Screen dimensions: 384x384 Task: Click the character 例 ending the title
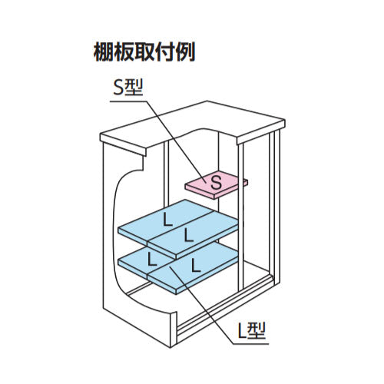[185, 52]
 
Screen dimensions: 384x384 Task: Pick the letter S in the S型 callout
[118, 88]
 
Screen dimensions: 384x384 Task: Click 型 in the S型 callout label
[134, 88]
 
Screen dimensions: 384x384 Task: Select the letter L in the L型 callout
[243, 331]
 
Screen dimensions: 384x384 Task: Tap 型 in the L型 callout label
[257, 330]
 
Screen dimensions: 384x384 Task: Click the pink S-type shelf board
[217, 184]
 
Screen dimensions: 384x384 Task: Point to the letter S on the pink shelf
[217, 183]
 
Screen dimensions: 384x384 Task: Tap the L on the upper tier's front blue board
[189, 235]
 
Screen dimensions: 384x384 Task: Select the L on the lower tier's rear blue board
[152, 259]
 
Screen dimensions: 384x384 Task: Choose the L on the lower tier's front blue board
[196, 266]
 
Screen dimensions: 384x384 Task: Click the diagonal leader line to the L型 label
[200, 305]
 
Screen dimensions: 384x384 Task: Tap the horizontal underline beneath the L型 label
[251, 343]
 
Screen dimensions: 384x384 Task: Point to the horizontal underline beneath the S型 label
[129, 101]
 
